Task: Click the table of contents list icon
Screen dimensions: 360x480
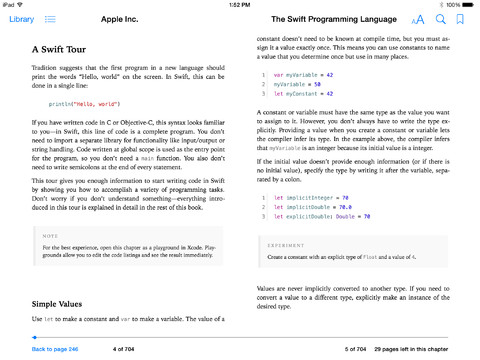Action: (50, 19)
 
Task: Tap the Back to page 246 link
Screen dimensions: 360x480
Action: (55, 349)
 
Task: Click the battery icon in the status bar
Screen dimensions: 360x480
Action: (467, 4)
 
